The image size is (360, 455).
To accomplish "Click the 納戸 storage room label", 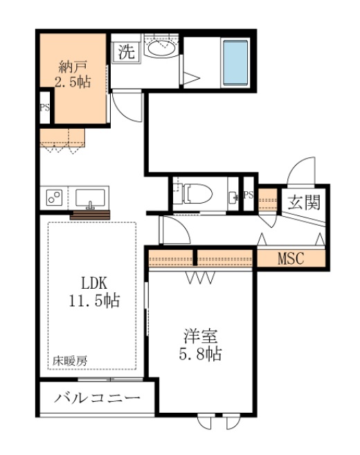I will pos(72,67).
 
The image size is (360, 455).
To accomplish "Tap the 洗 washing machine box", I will pos(126,51).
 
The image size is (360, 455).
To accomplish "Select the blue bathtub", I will pos(234,63).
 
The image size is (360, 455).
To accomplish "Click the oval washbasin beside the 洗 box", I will pos(162,48).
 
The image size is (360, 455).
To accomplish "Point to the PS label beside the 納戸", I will pos(44,107).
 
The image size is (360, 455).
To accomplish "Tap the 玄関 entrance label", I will pos(303,203).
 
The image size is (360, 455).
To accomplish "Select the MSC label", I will pos(291,260).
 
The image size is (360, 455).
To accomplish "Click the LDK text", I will pos(94,283).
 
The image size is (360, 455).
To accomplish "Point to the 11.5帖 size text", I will pos(94,301).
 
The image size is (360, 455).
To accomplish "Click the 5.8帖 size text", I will pos(201,355).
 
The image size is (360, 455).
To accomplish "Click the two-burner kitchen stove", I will pos(55,197).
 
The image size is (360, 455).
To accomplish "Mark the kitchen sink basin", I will pos(90,197).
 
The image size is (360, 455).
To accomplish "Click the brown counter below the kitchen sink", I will pos(90,215).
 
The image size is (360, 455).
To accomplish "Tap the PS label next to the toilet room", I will pos(249,195).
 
